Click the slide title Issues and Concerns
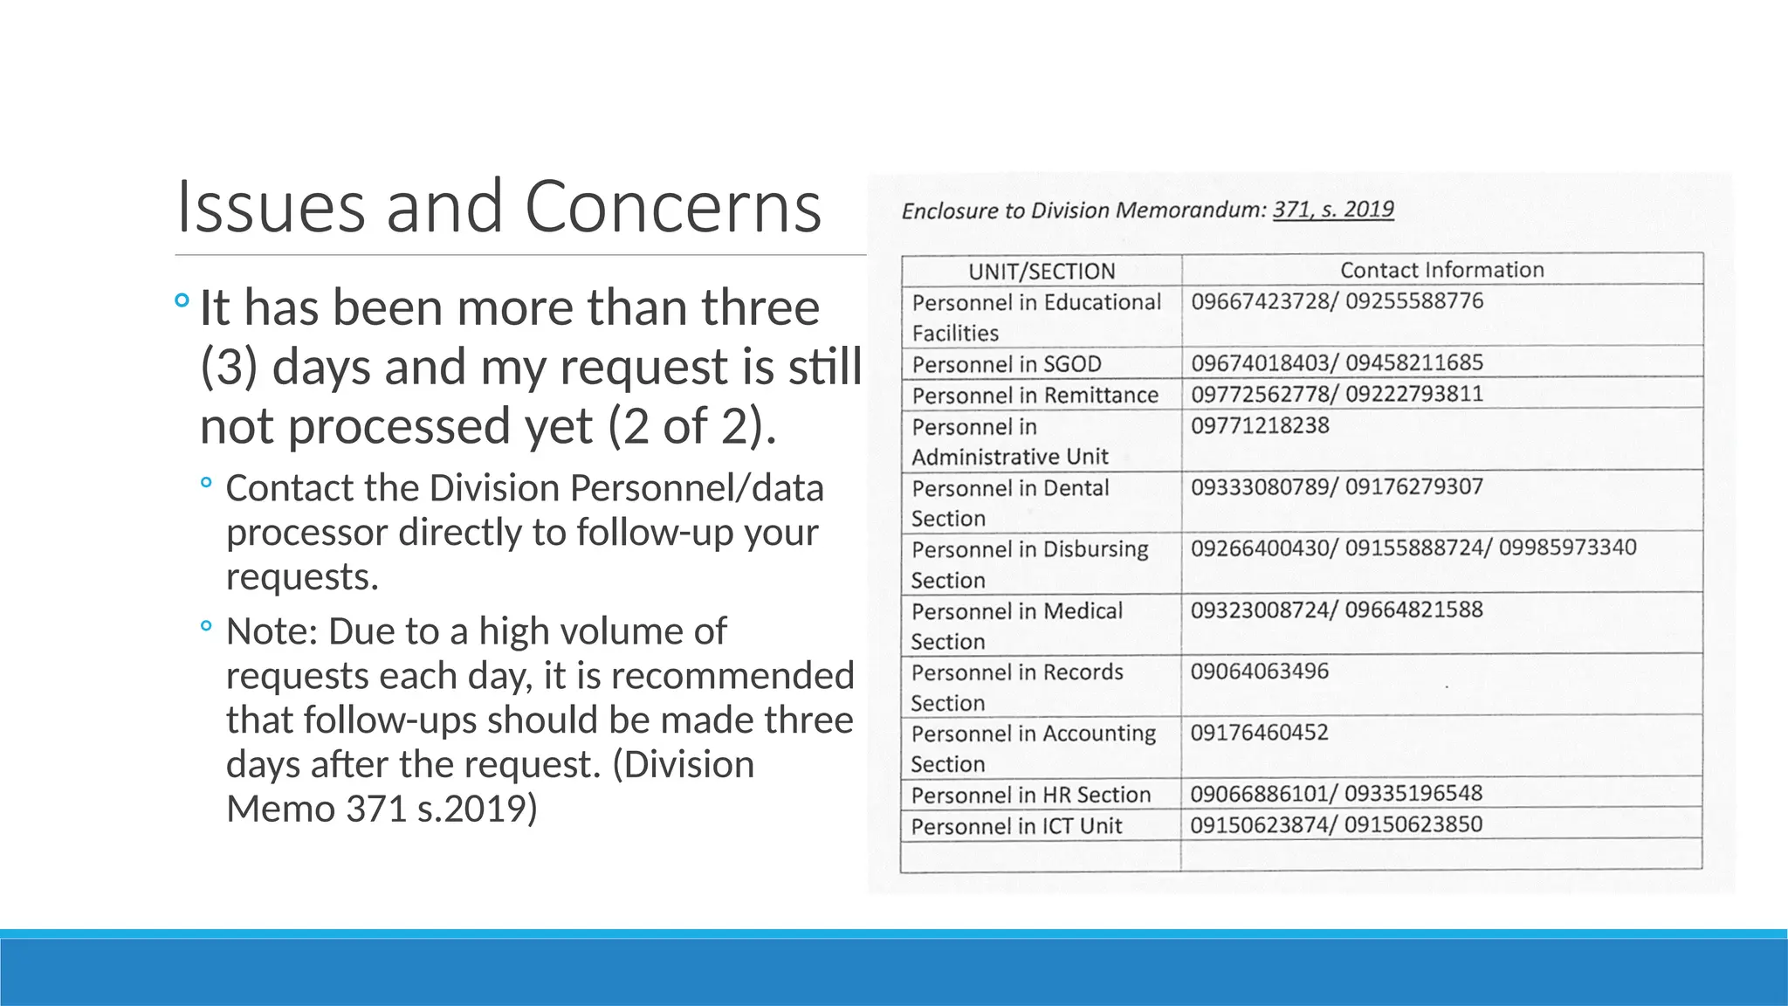(x=499, y=207)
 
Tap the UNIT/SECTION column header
(x=1042, y=271)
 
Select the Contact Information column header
(x=1441, y=270)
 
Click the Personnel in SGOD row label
(x=1007, y=363)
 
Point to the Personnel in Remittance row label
(x=1035, y=395)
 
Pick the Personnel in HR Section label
(x=1031, y=795)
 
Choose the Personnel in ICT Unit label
(x=1016, y=825)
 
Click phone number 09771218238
(x=1260, y=425)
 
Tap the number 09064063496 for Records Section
(x=1259, y=671)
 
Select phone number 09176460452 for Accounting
(x=1259, y=732)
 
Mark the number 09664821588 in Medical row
(x=1413, y=610)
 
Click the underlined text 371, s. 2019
(x=1333, y=210)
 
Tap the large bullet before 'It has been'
(x=182, y=301)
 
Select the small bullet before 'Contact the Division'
(x=206, y=482)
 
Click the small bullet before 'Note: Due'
(x=206, y=625)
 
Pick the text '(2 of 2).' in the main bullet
(x=691, y=426)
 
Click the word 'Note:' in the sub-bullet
(x=271, y=631)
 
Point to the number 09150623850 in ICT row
(x=1413, y=824)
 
